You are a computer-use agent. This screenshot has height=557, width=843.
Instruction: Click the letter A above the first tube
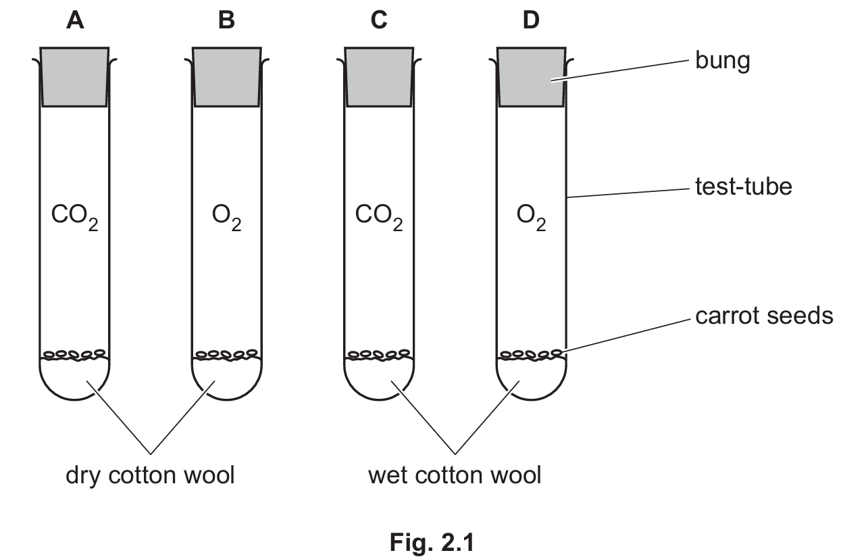(75, 21)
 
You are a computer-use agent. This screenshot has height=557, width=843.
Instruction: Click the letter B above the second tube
(227, 21)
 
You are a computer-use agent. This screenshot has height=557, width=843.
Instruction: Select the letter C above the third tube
(379, 21)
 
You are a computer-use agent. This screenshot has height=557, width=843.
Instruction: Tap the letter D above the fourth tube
(532, 21)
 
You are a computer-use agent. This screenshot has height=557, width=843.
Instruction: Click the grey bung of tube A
(75, 76)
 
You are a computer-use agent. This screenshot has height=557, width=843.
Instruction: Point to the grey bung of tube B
(227, 76)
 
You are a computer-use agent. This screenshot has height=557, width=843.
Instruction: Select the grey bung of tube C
(379, 76)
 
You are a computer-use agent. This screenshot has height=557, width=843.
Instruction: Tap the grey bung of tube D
(532, 76)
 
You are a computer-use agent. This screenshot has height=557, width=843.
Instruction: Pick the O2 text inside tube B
(227, 220)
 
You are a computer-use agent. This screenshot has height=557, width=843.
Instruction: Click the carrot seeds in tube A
(75, 354)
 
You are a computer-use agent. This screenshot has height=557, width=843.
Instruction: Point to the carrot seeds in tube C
(379, 354)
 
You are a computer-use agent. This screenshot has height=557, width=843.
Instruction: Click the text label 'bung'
(722, 62)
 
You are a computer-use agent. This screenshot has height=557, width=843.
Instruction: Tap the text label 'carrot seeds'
(764, 316)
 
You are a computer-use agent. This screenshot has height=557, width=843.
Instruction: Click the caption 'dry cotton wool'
(150, 475)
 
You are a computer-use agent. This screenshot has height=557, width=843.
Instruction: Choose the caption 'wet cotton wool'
(455, 475)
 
